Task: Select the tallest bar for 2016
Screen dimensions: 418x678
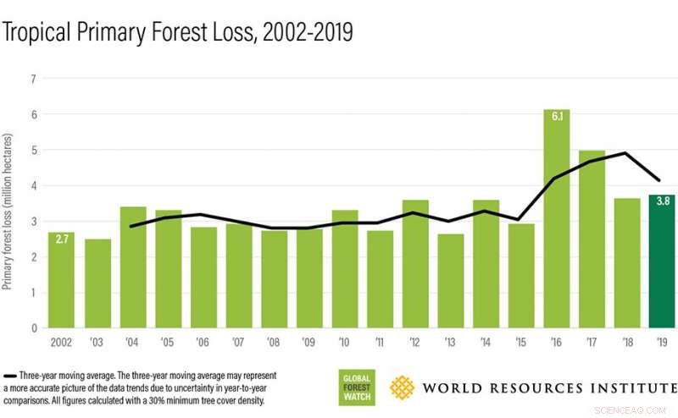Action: [556, 220]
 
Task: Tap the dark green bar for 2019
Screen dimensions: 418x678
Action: [661, 262]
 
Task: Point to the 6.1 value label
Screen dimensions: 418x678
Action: [556, 118]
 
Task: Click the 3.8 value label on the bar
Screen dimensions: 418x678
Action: [661, 202]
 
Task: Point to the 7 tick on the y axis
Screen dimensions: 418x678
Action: [33, 79]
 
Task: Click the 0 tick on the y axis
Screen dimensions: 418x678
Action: [33, 327]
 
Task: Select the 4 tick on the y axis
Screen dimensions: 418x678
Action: [33, 185]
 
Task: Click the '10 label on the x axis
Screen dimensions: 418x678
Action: [344, 344]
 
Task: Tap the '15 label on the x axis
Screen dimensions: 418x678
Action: [520, 344]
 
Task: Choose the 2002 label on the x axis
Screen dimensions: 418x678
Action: [61, 344]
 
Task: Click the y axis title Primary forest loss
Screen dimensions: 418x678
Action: [9, 212]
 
